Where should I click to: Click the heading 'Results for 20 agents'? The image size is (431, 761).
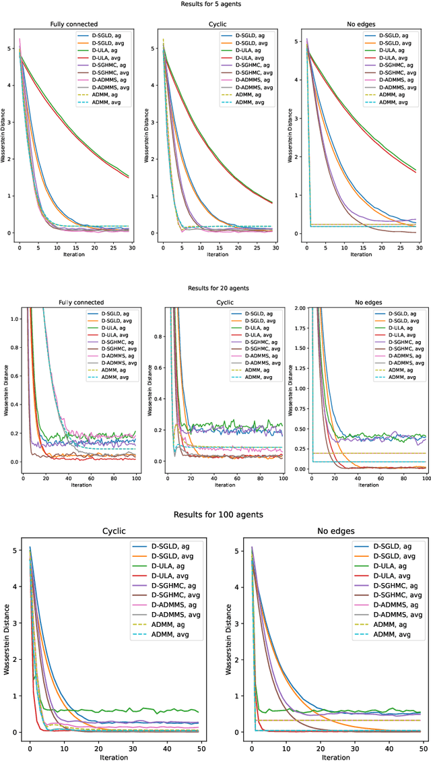point(215,288)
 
